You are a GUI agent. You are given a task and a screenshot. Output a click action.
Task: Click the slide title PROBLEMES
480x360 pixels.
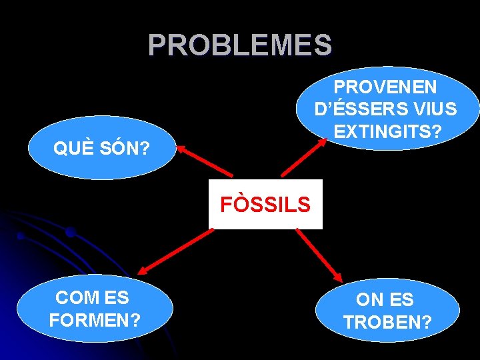tap(239, 45)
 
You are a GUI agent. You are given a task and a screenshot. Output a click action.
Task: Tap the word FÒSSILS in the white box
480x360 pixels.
tap(265, 205)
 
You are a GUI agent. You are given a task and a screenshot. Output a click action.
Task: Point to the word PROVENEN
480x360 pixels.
tap(385, 87)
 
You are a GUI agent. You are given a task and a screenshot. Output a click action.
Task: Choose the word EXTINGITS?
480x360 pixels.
tap(387, 131)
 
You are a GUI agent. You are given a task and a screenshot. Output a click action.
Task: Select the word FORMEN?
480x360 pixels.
tap(95, 320)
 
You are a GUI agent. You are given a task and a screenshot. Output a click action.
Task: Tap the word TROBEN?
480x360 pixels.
tap(387, 323)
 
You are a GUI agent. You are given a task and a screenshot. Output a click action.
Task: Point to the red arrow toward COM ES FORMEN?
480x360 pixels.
tap(174, 251)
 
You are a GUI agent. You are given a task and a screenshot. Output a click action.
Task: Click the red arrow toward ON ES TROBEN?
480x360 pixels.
tap(319, 254)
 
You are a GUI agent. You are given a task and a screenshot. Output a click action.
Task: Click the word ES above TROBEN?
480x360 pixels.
tap(402, 300)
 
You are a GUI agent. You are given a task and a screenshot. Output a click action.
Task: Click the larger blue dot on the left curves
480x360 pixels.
tap(70, 232)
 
